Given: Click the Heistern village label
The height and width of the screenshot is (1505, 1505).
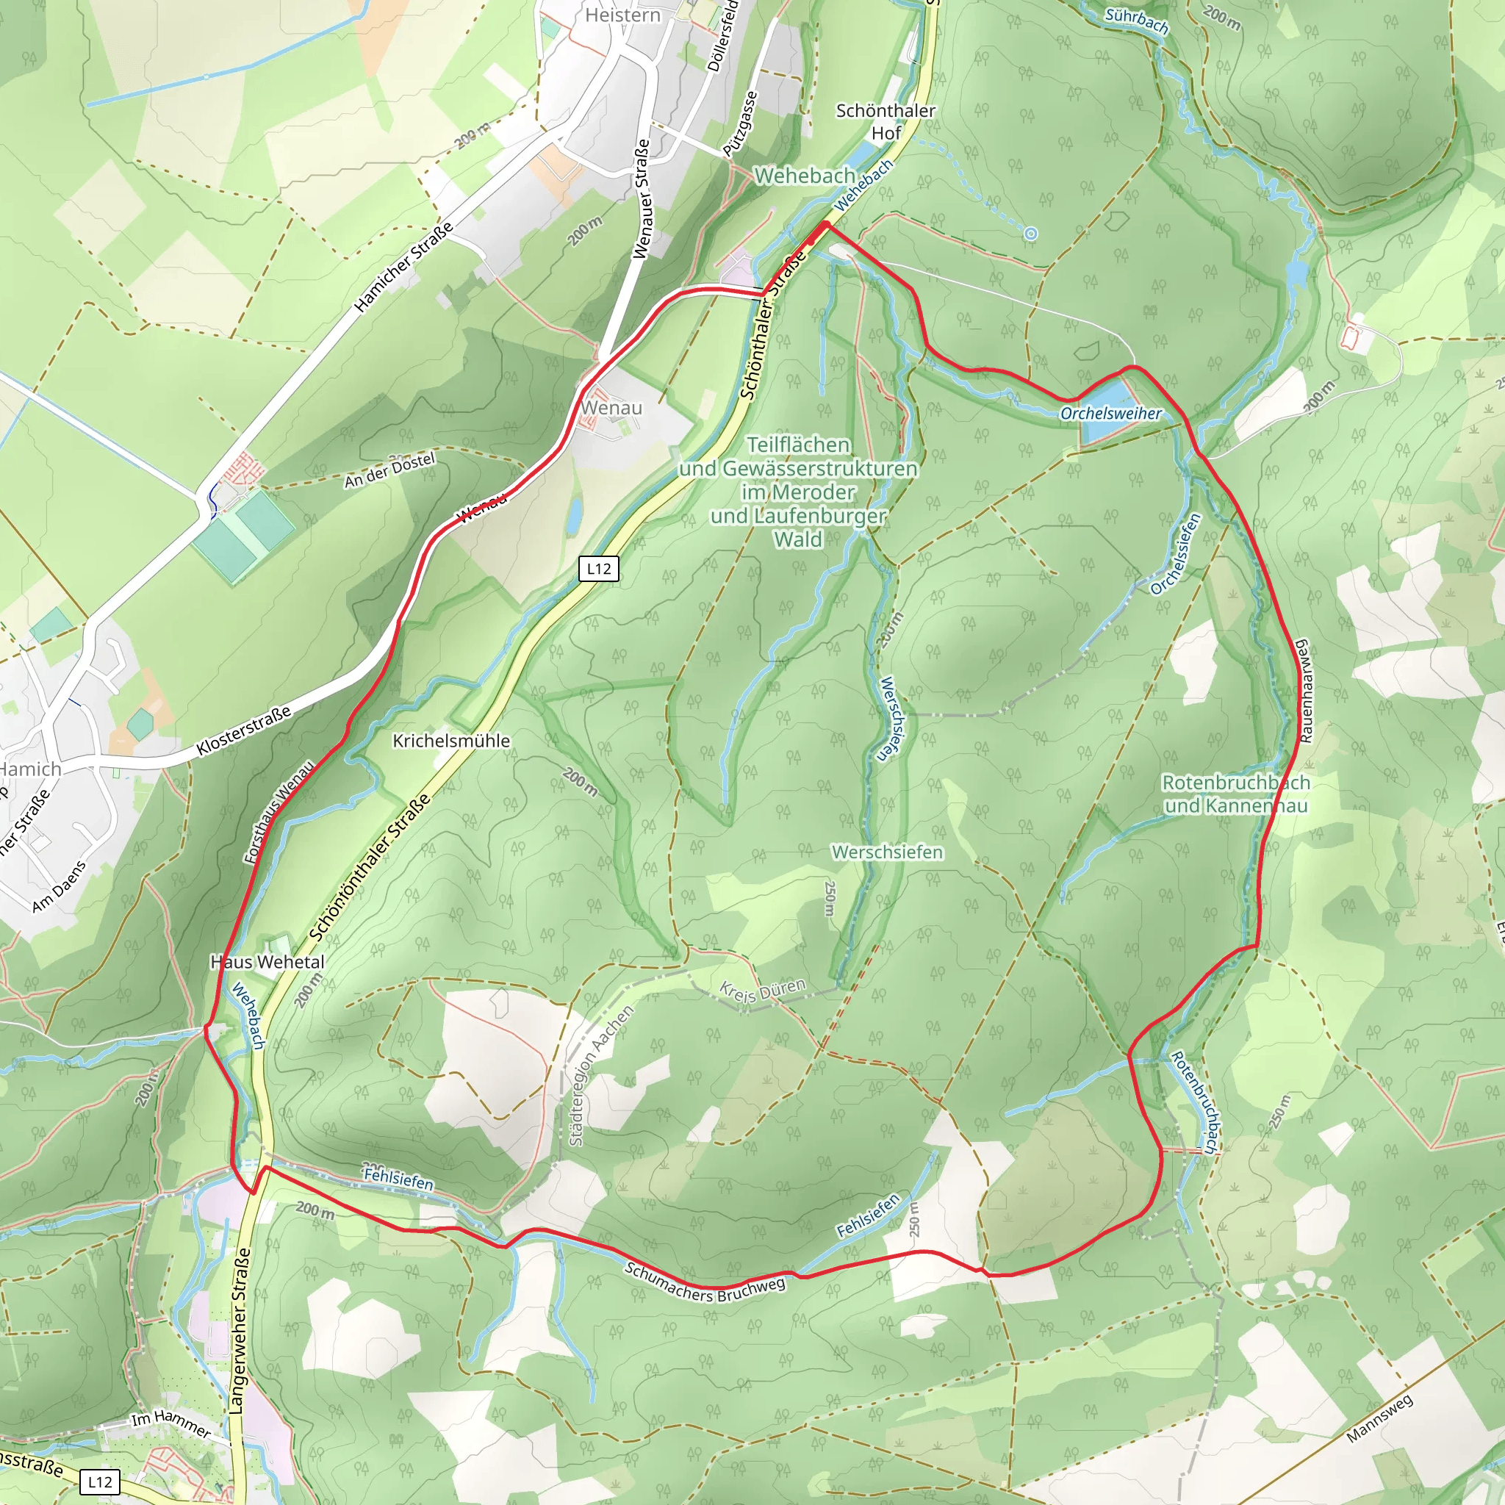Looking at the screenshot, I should [622, 15].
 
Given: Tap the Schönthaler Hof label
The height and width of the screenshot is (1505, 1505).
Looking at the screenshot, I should [886, 121].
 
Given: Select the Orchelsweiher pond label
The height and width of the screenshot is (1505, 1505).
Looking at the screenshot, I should [1110, 414].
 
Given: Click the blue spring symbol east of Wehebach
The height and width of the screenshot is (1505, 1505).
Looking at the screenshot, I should [1030, 234].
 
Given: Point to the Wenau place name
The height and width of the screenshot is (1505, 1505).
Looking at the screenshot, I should [611, 407].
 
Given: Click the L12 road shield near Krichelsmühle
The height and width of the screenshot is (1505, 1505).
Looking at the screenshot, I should [598, 569].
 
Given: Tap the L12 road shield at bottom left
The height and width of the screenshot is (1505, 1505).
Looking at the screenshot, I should [100, 1481].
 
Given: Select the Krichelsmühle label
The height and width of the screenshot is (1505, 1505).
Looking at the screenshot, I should [451, 741].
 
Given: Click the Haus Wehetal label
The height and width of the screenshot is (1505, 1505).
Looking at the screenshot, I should [267, 962].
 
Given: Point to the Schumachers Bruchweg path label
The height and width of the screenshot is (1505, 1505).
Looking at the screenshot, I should [705, 1283].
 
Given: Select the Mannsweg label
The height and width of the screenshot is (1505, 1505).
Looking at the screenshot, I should [1379, 1418].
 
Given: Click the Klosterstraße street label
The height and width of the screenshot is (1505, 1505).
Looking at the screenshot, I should [244, 730].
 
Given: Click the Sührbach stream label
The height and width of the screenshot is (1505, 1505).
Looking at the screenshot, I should [1137, 21].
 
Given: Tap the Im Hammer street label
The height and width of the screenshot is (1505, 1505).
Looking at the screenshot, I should [170, 1423].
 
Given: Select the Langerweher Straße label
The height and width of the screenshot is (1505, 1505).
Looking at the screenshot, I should [240, 1332].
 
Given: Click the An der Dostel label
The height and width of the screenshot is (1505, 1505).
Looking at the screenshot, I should [389, 470].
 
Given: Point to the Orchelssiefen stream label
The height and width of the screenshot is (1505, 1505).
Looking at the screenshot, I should [1177, 554].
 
